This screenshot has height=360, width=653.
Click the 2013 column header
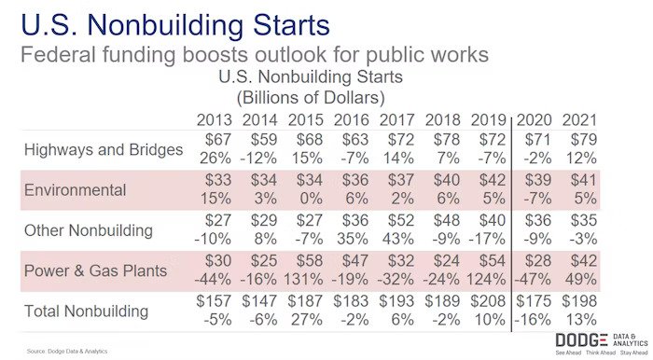pos(215,120)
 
